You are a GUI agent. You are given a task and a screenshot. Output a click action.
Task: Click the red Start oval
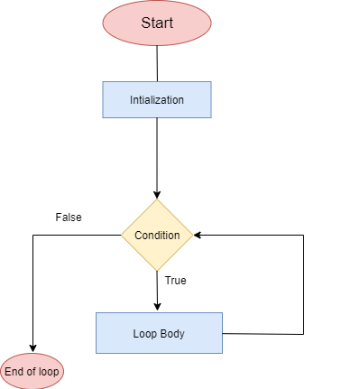[157, 23]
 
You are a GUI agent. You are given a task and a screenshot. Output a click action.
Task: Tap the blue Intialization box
[157, 100]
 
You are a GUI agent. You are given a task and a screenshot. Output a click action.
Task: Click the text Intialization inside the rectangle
[157, 100]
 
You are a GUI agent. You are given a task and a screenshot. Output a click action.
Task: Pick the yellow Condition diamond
[157, 236]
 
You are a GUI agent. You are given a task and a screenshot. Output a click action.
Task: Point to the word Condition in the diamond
[157, 236]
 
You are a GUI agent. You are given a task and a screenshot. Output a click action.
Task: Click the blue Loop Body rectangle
[159, 333]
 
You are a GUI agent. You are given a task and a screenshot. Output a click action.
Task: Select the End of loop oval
[33, 372]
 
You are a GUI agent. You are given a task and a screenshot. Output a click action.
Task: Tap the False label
[69, 218]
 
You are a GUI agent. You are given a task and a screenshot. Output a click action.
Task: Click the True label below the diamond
[175, 281]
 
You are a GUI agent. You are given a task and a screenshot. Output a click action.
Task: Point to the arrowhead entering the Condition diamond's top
[157, 194]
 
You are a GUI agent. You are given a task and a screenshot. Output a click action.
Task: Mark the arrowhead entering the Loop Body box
[157, 308]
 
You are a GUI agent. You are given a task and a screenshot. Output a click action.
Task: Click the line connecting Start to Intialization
[157, 63]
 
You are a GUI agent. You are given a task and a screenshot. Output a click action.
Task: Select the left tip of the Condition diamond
[123, 236]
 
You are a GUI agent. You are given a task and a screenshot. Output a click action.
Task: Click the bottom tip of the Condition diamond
[157, 271]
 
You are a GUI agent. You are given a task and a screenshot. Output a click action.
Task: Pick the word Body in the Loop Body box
[173, 333]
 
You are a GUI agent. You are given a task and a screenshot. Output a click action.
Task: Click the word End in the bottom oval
[14, 372]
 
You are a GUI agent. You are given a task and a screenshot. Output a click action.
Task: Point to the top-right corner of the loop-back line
[303, 236]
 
